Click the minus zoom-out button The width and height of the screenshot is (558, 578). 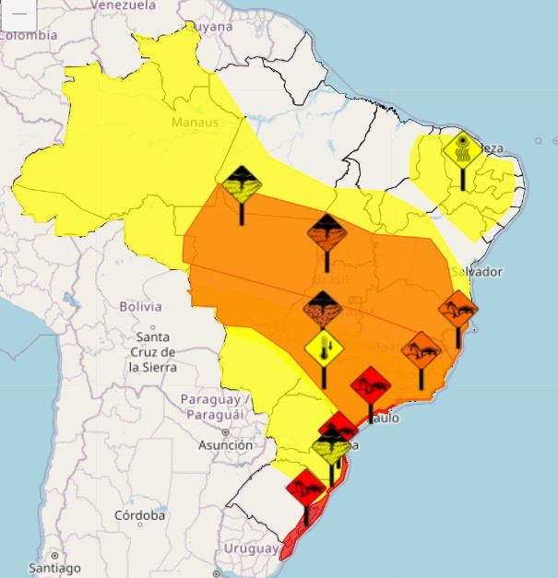(x=18, y=12)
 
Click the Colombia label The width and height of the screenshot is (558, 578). (x=28, y=35)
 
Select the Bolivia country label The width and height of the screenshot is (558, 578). (x=140, y=306)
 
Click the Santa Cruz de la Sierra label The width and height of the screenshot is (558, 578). (x=152, y=351)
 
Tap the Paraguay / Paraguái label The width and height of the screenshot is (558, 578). (x=215, y=407)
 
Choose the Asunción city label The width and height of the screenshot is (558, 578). (x=225, y=445)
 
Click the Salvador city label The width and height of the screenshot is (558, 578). (x=477, y=272)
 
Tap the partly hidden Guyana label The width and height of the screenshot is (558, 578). (x=211, y=28)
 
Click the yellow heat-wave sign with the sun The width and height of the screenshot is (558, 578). (x=461, y=148)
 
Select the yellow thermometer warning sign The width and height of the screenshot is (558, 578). (x=324, y=348)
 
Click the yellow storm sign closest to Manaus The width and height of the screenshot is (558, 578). (x=242, y=185)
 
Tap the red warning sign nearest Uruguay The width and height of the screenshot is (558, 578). (x=305, y=486)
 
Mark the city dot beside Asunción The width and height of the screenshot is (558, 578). (x=224, y=431)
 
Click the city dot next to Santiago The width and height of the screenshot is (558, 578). (x=54, y=556)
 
